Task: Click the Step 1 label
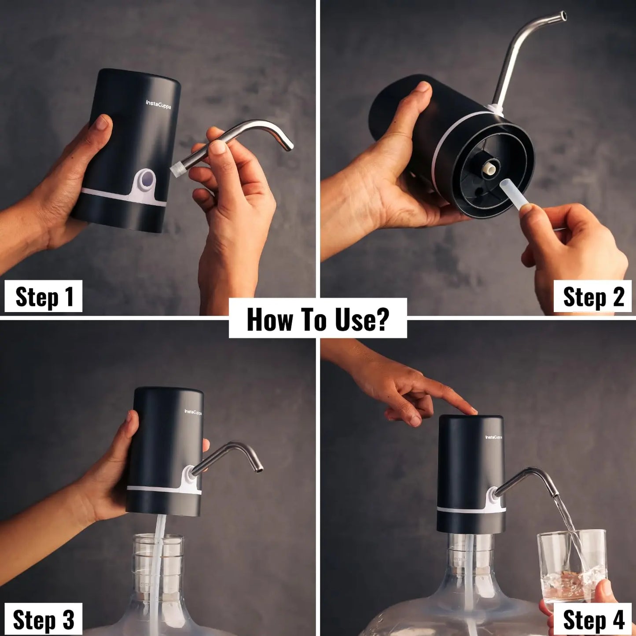point(43,296)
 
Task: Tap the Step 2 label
point(592,296)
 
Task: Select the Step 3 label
point(43,620)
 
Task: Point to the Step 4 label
point(592,620)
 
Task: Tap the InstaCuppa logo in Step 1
point(158,104)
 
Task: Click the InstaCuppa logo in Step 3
point(193,412)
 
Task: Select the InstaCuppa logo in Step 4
point(493,437)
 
